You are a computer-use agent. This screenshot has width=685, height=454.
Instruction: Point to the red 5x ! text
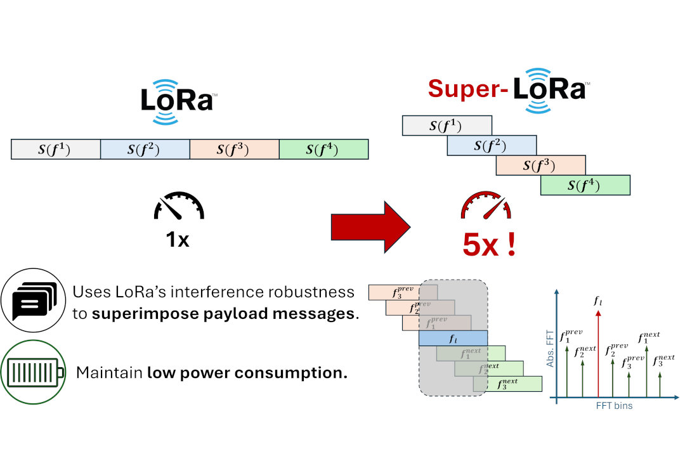(x=489, y=244)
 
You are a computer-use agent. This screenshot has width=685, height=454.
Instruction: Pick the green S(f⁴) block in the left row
(x=323, y=150)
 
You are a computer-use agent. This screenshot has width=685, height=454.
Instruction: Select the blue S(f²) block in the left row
(x=145, y=150)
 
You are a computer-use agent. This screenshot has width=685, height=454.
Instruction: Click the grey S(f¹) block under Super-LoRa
(x=447, y=126)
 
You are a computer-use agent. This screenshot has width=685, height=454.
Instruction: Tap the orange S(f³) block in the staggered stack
(x=540, y=165)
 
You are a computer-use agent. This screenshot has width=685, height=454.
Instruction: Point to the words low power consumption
(x=247, y=372)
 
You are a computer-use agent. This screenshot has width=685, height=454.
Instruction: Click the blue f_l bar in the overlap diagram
(x=452, y=339)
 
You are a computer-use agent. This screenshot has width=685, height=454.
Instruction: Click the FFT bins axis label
(x=613, y=406)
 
